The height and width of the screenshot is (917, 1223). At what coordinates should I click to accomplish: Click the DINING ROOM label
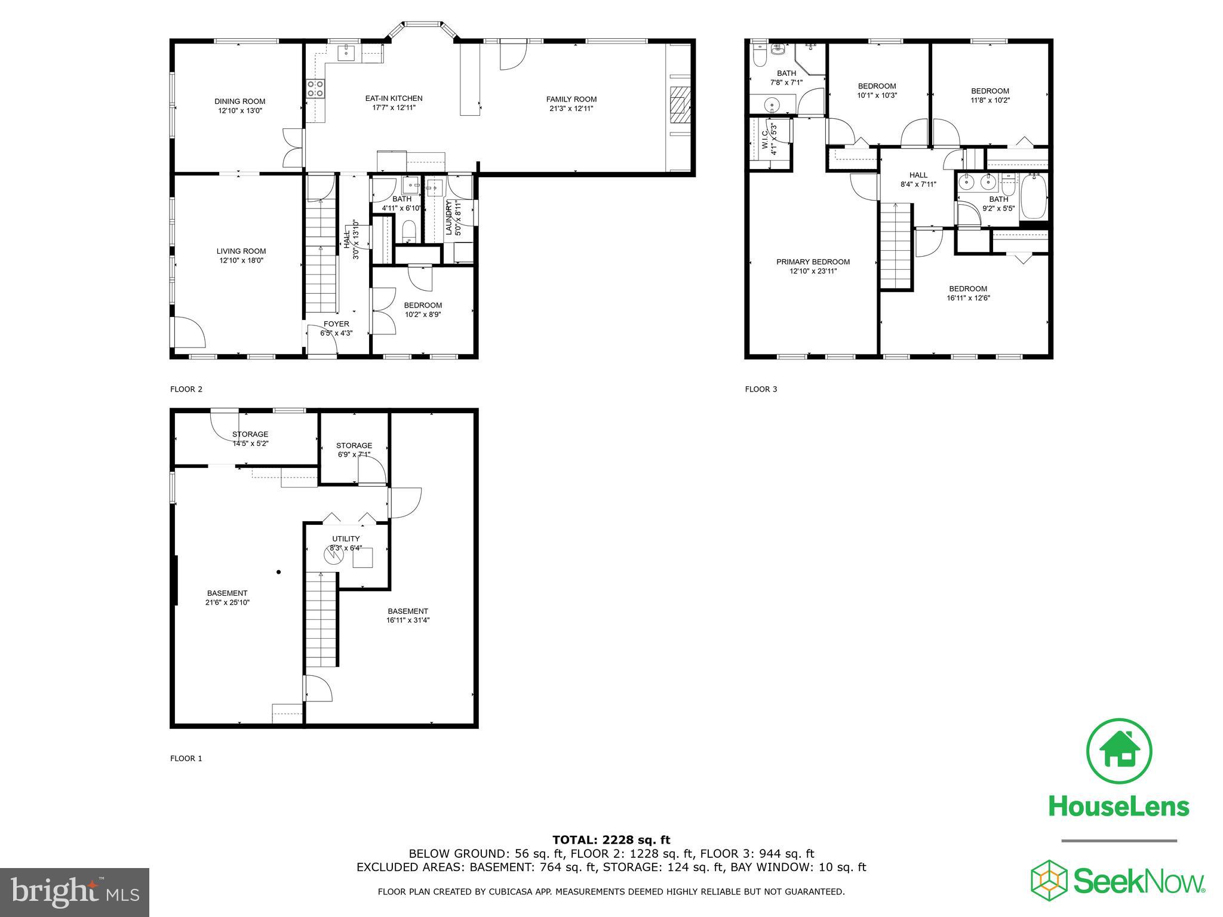pyautogui.click(x=239, y=101)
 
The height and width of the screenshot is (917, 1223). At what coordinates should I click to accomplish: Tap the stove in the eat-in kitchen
pyautogui.click(x=315, y=89)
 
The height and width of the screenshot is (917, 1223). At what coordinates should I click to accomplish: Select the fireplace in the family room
pyautogui.click(x=680, y=105)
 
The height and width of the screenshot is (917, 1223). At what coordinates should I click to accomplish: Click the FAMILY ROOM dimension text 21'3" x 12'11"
pyautogui.click(x=571, y=109)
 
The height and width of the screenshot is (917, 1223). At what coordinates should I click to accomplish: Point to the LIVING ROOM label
pyautogui.click(x=241, y=251)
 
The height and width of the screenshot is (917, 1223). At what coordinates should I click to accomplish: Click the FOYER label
pyautogui.click(x=336, y=324)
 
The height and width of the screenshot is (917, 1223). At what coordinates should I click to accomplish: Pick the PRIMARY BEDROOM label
pyautogui.click(x=813, y=261)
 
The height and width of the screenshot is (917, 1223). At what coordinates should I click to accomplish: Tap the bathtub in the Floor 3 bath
pyautogui.click(x=1033, y=196)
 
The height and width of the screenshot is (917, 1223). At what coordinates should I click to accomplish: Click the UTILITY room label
pyautogui.click(x=346, y=538)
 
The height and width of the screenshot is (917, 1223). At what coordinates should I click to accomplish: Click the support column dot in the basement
pyautogui.click(x=279, y=572)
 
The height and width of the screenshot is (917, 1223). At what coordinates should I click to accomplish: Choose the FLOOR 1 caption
pyautogui.click(x=186, y=758)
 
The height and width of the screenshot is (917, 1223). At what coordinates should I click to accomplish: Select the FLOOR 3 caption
pyautogui.click(x=761, y=389)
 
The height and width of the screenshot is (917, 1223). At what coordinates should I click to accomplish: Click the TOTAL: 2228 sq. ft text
pyautogui.click(x=611, y=840)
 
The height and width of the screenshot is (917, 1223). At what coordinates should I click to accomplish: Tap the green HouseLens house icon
pyautogui.click(x=1119, y=752)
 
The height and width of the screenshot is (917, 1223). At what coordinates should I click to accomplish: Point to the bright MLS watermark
pyautogui.click(x=75, y=893)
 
